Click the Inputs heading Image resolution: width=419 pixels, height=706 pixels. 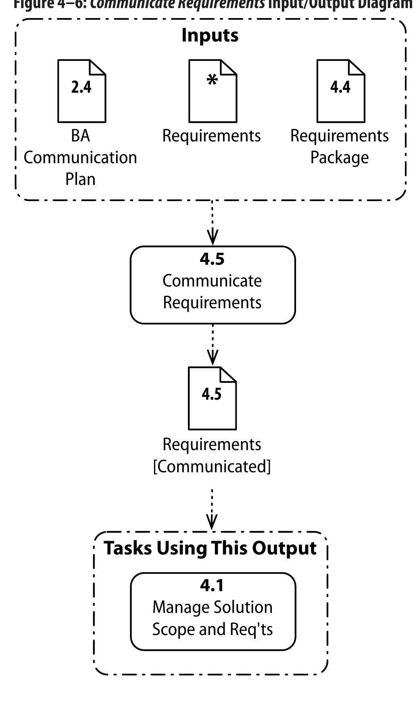210,35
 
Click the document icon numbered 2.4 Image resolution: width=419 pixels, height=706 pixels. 81,91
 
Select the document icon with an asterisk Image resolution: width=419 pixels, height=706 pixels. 213,91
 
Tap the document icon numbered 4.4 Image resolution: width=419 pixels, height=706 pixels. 340,91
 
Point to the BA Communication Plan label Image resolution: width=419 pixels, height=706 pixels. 80,157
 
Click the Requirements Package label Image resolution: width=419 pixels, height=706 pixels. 340,146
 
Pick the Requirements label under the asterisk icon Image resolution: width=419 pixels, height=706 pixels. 211,136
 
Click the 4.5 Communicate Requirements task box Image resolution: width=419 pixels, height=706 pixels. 213,285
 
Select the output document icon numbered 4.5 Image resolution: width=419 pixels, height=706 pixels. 212,398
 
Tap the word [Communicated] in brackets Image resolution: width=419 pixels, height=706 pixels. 212,466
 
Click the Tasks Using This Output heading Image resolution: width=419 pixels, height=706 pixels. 210,548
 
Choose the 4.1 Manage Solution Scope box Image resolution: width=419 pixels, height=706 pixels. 213,611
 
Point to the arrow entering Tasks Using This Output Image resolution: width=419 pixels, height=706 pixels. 212,510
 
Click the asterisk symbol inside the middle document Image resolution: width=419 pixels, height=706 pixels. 212,81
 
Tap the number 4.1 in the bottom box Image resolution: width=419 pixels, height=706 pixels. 212,586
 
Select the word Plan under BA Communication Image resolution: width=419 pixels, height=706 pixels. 80,179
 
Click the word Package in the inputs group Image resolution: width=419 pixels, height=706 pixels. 340,158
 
